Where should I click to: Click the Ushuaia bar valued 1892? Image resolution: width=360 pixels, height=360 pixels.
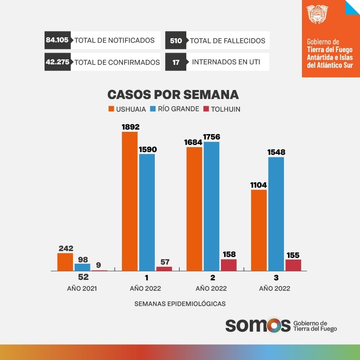tap(130, 201)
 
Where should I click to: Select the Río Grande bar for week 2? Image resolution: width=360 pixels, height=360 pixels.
tap(211, 206)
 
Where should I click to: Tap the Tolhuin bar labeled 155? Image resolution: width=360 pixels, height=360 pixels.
tap(293, 265)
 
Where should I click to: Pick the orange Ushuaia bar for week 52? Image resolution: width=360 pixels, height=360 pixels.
tap(65, 262)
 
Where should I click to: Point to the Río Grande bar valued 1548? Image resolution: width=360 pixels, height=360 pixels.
tap(276, 214)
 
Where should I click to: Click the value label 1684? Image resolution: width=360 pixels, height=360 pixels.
tap(194, 142)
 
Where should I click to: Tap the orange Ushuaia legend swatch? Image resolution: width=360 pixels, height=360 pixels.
tap(111, 109)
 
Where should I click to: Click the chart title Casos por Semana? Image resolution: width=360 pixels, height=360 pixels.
tap(173, 94)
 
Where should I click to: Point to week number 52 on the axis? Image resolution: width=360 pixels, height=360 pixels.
tap(83, 278)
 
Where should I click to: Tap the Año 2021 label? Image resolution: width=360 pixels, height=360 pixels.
tap(82, 288)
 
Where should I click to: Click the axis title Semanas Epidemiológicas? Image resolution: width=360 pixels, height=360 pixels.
tap(180, 303)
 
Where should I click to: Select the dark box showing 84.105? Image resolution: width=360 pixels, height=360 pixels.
tap(57, 40)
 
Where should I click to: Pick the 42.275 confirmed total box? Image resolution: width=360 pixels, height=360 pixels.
tap(58, 62)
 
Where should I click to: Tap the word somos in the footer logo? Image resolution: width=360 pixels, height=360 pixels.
tap(258, 325)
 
